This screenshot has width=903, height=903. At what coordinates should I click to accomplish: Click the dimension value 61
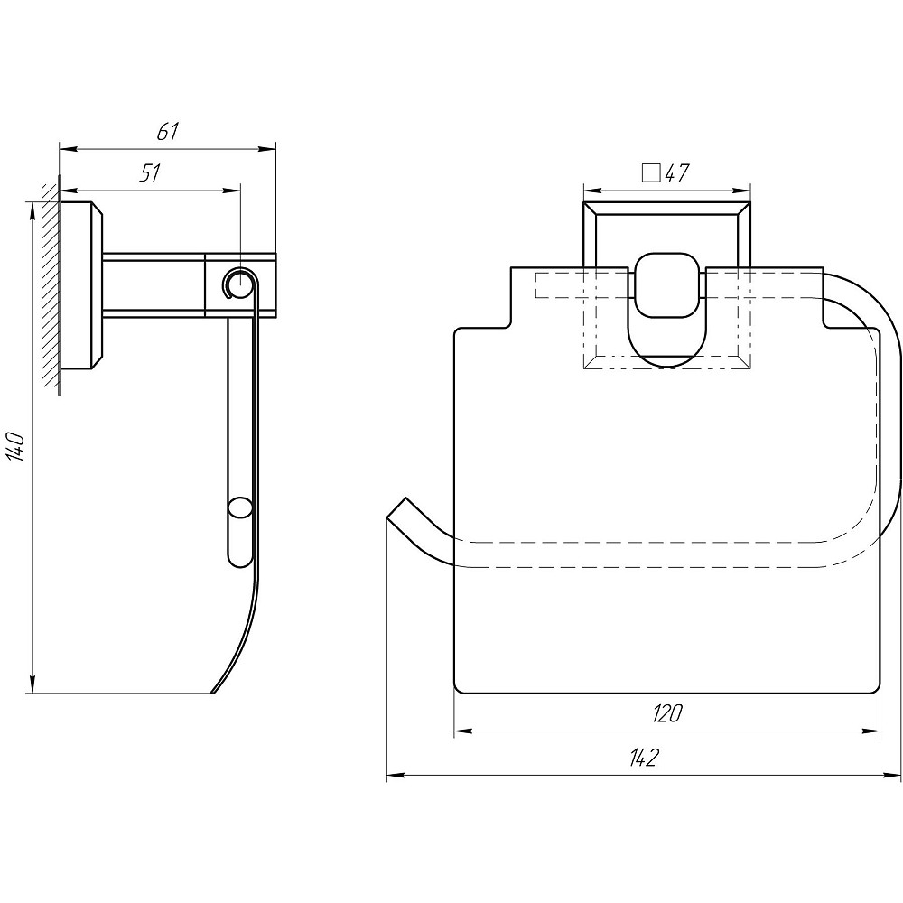coord(168,132)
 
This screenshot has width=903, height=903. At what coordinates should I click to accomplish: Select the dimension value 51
coord(150,172)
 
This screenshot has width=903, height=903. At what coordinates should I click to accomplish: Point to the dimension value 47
coord(677,172)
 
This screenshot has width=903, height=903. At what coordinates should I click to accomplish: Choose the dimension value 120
coord(667,713)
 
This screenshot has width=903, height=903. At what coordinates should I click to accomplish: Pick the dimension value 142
coord(643,758)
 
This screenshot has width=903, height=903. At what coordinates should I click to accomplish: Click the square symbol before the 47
coord(651,172)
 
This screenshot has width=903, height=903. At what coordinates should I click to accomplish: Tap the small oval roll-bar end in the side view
coord(239,509)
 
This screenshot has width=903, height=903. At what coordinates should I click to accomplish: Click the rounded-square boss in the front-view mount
coord(667,285)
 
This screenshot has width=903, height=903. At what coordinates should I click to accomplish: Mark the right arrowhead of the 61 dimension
coord(268,150)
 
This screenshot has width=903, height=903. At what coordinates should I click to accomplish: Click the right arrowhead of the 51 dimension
coord(233,191)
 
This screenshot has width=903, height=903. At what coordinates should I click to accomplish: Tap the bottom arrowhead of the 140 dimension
coord(33,684)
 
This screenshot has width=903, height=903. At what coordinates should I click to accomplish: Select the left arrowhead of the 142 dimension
coord(396,776)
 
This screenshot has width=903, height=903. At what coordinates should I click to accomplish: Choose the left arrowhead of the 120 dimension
coord(463,731)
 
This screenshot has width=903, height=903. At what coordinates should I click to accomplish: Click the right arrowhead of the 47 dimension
coord(741,191)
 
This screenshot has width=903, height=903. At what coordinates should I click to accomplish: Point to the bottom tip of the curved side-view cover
coord(213,693)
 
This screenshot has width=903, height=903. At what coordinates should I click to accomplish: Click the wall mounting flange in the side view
coord(81,285)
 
